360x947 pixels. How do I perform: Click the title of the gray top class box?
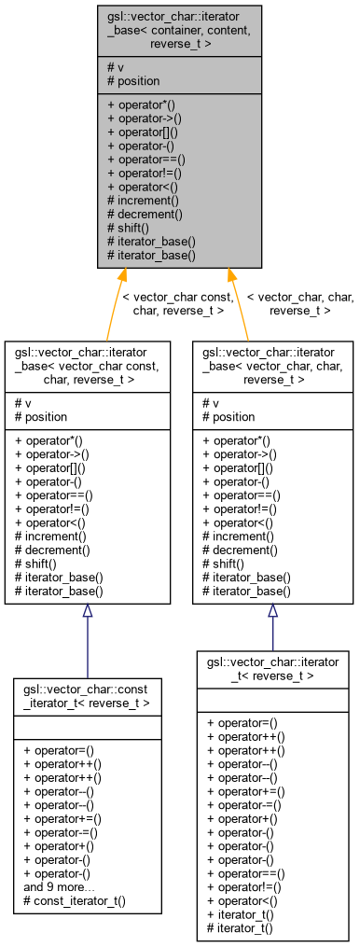click(179, 30)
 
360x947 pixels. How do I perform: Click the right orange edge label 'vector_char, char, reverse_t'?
click(300, 304)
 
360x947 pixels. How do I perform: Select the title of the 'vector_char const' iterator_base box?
click(86, 366)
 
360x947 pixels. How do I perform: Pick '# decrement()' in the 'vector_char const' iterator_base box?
click(52, 550)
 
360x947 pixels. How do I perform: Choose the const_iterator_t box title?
click(86, 695)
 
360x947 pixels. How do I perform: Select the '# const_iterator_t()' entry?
click(74, 902)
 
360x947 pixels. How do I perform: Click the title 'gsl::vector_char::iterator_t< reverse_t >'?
click(272, 668)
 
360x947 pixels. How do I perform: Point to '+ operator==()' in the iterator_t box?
click(246, 874)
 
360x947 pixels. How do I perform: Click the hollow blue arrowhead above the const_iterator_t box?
click(87, 611)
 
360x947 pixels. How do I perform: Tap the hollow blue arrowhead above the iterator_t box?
click(273, 611)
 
